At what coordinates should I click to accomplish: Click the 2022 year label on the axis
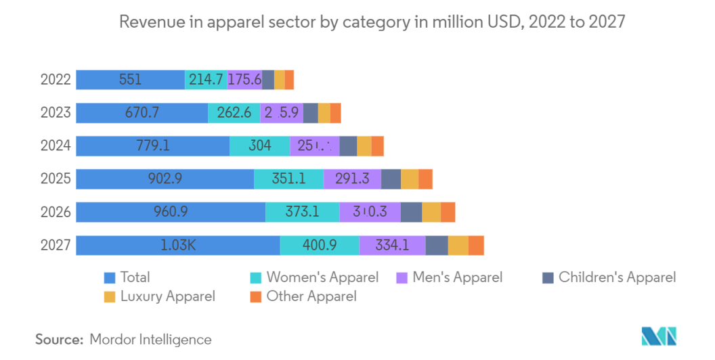tap(56, 80)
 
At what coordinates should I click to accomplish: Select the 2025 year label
tap(56, 179)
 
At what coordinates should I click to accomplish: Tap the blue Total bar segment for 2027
tap(178, 246)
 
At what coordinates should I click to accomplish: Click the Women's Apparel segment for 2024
tap(260, 146)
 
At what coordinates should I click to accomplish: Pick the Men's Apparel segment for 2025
tap(352, 179)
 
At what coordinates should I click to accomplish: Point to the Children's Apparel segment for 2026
tap(411, 212)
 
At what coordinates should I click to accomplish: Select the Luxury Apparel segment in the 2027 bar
tap(458, 246)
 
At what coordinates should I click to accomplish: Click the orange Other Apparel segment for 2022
tap(289, 80)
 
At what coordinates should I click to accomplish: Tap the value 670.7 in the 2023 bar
tap(142, 113)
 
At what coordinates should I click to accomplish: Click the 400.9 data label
tap(319, 246)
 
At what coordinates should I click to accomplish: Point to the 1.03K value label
tap(178, 246)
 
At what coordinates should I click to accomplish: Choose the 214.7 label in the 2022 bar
tap(206, 80)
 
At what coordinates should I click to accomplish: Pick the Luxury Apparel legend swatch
tap(110, 296)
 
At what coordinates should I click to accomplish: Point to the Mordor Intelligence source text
tap(150, 340)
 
